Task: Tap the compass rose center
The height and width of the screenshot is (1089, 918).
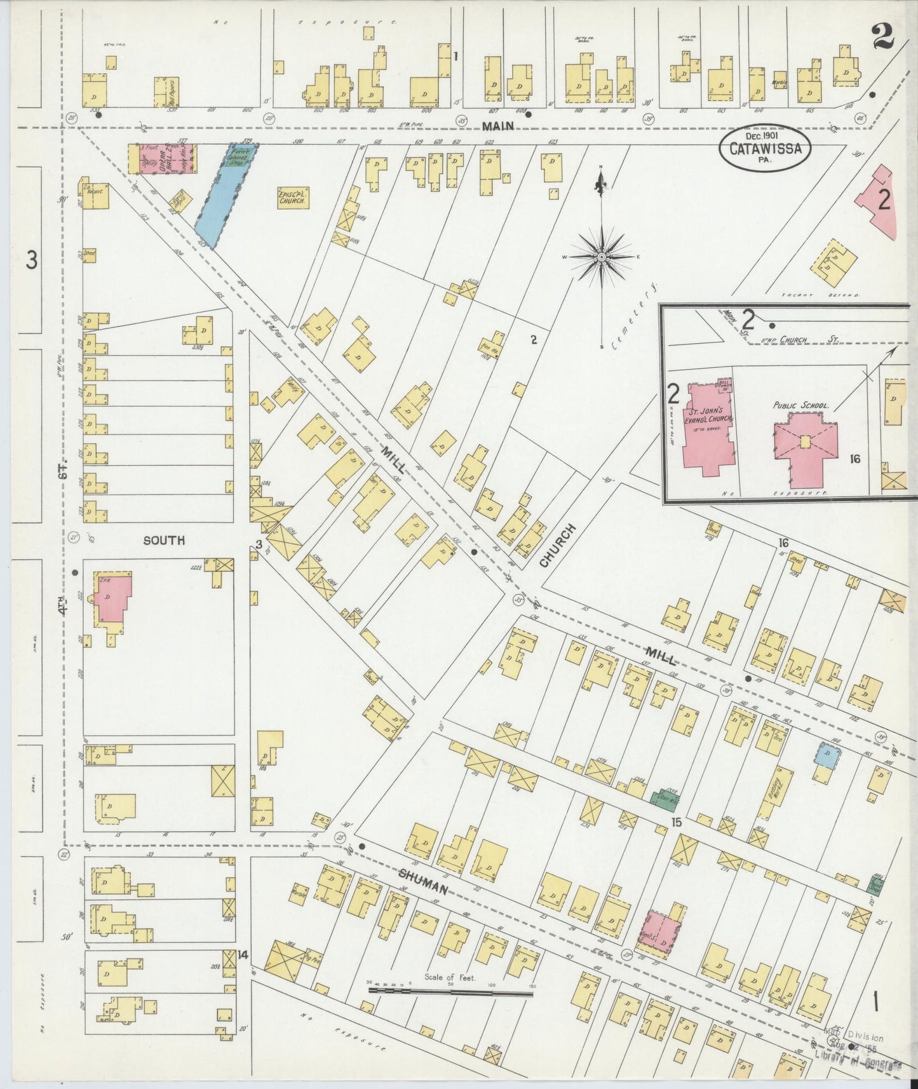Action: (x=601, y=257)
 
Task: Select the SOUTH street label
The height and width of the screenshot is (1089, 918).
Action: (x=164, y=541)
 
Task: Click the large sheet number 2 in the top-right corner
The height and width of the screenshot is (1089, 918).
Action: (x=882, y=37)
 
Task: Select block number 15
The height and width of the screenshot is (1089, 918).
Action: (x=677, y=822)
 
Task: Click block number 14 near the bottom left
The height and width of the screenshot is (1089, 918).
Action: (x=241, y=954)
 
